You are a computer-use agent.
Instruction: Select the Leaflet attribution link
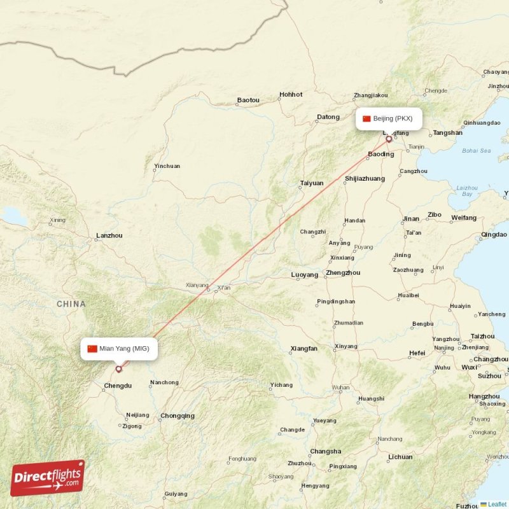(x=497, y=504)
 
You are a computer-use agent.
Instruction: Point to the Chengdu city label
(x=118, y=386)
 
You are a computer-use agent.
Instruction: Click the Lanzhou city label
(x=109, y=235)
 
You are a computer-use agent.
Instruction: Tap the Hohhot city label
(x=291, y=95)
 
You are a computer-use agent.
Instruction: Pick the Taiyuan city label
(x=312, y=183)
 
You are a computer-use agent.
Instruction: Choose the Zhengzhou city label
(x=342, y=273)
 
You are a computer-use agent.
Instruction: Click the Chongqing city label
(x=178, y=416)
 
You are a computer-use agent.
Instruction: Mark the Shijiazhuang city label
(x=365, y=179)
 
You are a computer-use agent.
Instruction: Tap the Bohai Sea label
(x=477, y=151)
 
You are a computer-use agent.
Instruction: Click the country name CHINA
(x=71, y=304)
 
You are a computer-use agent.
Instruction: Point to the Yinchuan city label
(x=167, y=167)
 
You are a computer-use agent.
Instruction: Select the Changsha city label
(x=326, y=452)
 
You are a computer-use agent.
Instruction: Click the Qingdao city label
(x=494, y=235)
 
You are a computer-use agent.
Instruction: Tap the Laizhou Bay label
(x=467, y=190)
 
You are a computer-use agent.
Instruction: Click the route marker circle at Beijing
(x=389, y=138)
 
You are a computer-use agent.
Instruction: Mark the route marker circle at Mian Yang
(x=118, y=369)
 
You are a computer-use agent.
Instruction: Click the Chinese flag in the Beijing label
(x=366, y=118)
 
